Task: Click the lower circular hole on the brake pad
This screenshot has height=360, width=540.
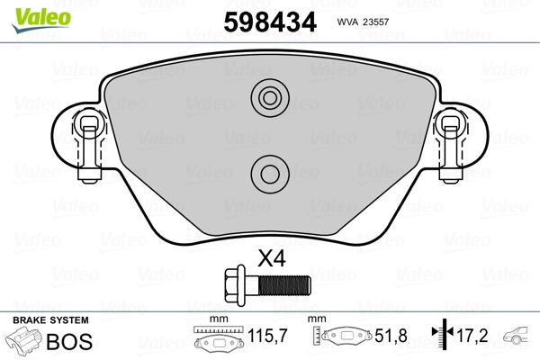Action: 267,169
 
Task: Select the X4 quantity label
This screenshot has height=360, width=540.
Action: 271,259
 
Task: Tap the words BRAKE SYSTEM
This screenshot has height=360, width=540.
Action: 50,320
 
